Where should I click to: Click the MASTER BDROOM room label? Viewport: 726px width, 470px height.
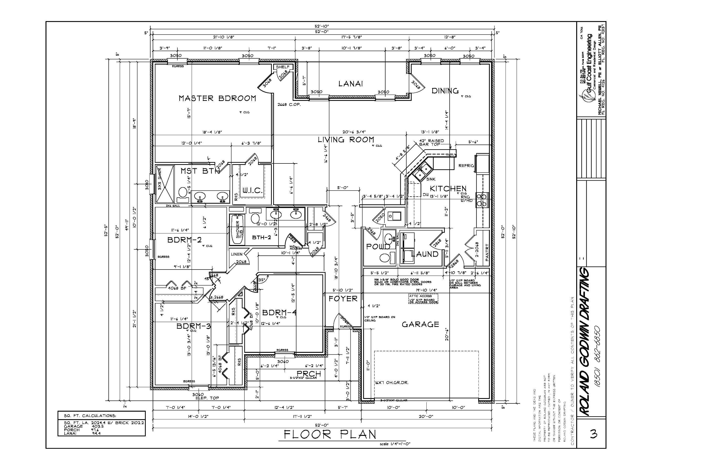217,98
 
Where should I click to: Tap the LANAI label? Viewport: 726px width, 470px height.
350,84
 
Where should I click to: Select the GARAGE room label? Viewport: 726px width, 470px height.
420,324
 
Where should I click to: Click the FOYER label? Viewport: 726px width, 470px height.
343,299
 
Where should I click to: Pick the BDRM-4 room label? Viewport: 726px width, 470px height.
279,313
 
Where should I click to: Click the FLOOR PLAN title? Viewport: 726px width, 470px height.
330,434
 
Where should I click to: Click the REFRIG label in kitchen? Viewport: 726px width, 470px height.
466,166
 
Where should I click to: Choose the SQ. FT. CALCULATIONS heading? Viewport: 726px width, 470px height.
90,416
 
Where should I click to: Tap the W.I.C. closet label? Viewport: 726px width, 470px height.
252,191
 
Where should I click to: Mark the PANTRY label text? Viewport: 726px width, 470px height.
487,252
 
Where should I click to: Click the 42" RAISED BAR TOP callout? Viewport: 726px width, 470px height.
431,143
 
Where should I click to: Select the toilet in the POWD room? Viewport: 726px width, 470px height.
385,258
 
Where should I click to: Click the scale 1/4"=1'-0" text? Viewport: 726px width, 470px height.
395,444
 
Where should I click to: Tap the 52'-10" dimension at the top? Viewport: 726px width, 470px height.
322,26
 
